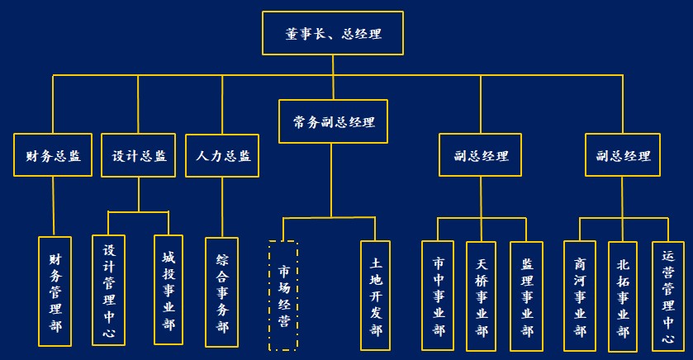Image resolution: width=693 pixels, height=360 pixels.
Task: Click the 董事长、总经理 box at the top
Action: click(333, 34)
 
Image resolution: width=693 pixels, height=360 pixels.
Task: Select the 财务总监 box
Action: click(53, 156)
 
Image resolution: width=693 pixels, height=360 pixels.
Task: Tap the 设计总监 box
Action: click(138, 156)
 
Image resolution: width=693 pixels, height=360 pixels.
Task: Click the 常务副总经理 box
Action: click(333, 122)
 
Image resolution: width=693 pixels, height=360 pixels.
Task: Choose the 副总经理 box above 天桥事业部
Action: click(481, 156)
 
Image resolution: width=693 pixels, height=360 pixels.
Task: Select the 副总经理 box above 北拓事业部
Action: click(623, 156)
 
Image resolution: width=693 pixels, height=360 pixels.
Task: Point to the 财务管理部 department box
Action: click(55, 291)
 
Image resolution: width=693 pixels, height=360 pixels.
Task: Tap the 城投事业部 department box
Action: click(169, 290)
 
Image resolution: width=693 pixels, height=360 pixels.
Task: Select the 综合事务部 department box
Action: click(222, 291)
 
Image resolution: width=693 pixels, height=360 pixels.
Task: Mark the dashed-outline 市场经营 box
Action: click(283, 296)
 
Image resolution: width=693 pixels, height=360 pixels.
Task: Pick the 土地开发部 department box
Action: click(376, 296)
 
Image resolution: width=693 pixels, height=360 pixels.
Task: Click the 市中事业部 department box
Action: click(438, 296)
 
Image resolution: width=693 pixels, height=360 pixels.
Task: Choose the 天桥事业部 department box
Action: click(482, 296)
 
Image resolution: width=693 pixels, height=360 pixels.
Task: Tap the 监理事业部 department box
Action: click(527, 296)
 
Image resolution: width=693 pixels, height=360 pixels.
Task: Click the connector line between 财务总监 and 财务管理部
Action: click(53, 206)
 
